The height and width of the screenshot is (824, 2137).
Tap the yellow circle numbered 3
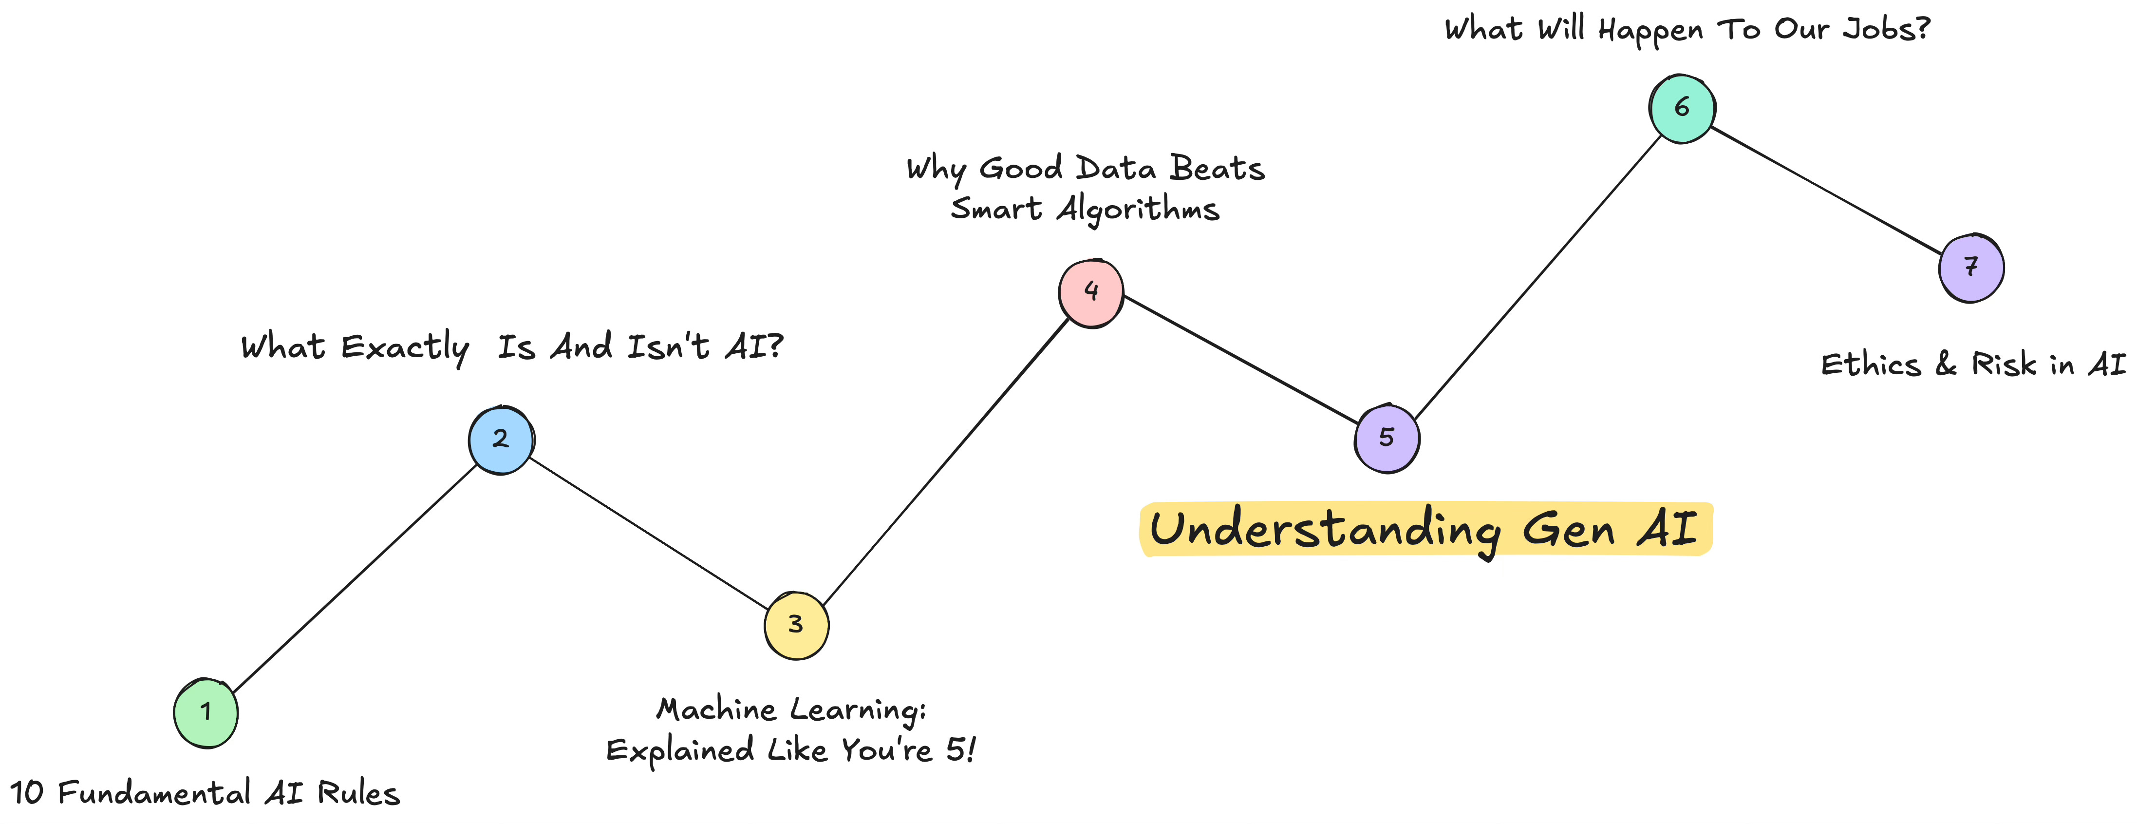(796, 625)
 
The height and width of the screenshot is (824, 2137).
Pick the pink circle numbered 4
(1091, 292)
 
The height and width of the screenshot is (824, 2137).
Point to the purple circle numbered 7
(1971, 267)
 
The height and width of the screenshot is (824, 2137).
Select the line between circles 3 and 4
(946, 460)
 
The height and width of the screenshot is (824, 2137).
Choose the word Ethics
(1871, 365)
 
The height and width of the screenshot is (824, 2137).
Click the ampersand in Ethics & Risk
(1946, 365)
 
